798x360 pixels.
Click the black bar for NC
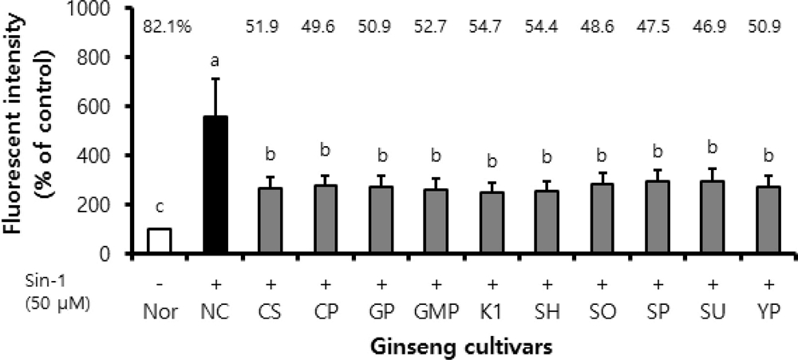[215, 185]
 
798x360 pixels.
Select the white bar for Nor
[160, 241]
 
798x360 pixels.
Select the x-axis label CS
[271, 311]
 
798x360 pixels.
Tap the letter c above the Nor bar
[160, 208]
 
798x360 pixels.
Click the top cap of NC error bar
[215, 78]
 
